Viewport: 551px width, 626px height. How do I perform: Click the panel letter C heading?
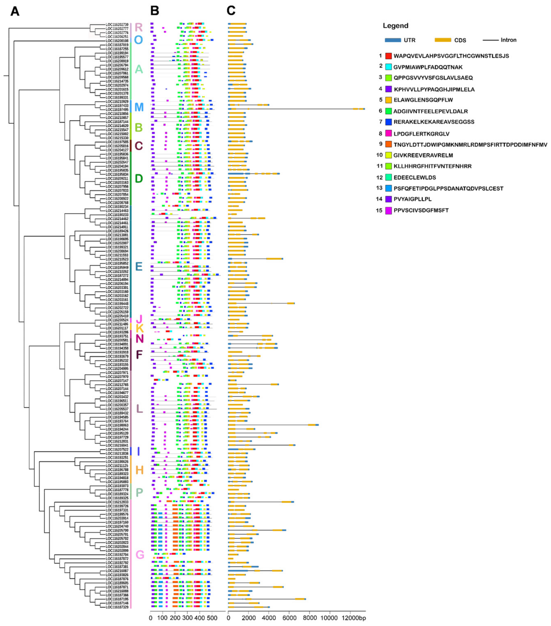[231, 11]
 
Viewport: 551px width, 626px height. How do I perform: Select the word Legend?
[395, 26]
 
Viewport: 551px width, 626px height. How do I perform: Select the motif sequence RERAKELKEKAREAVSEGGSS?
[434, 122]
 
